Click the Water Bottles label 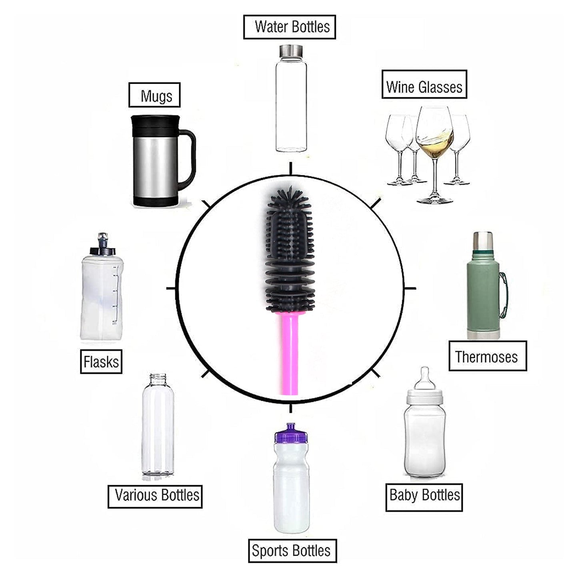click(289, 27)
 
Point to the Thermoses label click(487, 356)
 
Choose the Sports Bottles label click(292, 551)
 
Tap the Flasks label click(101, 362)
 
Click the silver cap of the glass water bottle click(291, 50)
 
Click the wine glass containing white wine click(434, 136)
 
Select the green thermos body click(483, 296)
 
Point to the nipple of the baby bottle click(425, 377)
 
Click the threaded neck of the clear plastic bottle click(158, 379)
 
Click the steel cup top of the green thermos click(483, 240)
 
